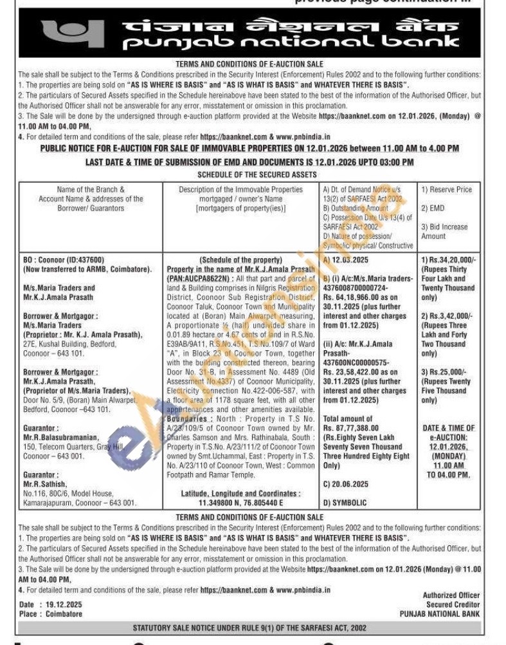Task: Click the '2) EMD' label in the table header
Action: pyautogui.click(x=433, y=209)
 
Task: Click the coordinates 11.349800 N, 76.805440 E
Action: pyautogui.click(x=240, y=503)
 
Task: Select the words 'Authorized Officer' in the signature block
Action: pyautogui.click(x=451, y=595)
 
